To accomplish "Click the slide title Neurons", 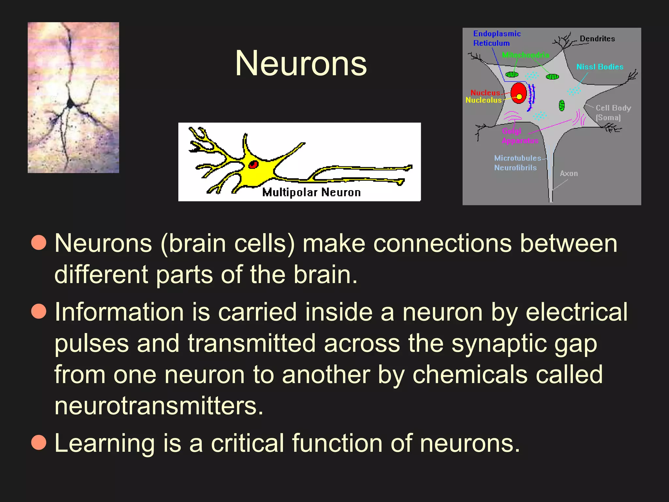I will [x=301, y=63].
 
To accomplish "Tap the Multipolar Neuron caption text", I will [x=311, y=192].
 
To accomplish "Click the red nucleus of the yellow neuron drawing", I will [x=253, y=164].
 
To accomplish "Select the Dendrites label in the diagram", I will [x=597, y=39].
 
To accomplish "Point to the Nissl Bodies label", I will [x=600, y=67].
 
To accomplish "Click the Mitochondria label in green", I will [x=526, y=55].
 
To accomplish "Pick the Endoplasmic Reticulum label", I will [x=497, y=39].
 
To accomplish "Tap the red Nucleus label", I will [x=485, y=93].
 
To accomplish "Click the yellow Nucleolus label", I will [x=483, y=100].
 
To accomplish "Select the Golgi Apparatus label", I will [x=519, y=136].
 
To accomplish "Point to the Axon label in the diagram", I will [x=569, y=174].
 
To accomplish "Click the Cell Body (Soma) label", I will [x=613, y=113].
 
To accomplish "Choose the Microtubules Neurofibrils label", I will [x=517, y=163].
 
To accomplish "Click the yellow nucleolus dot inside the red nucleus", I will [x=519, y=96].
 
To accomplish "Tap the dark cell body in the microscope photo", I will [x=70, y=104].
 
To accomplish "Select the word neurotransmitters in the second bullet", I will [x=159, y=406].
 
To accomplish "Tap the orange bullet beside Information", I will [x=39, y=311].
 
